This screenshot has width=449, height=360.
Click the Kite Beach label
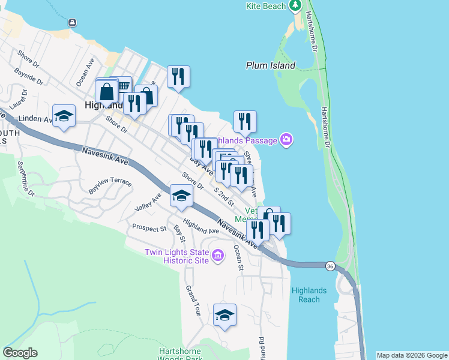click(x=266, y=7)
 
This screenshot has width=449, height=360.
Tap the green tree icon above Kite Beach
click(x=295, y=6)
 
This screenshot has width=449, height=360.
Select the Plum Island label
click(x=271, y=65)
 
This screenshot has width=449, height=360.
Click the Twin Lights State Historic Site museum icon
click(x=218, y=257)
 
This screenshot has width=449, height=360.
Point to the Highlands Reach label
click(x=309, y=295)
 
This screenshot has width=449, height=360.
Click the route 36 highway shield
click(x=330, y=266)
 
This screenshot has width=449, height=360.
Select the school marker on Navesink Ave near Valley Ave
click(x=181, y=196)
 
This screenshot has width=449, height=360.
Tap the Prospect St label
click(x=149, y=229)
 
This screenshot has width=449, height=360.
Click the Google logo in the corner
click(x=20, y=353)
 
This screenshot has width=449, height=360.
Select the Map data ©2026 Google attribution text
click(x=412, y=355)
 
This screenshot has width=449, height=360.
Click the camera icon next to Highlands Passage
click(x=287, y=140)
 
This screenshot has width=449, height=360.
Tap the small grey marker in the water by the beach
click(x=73, y=23)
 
